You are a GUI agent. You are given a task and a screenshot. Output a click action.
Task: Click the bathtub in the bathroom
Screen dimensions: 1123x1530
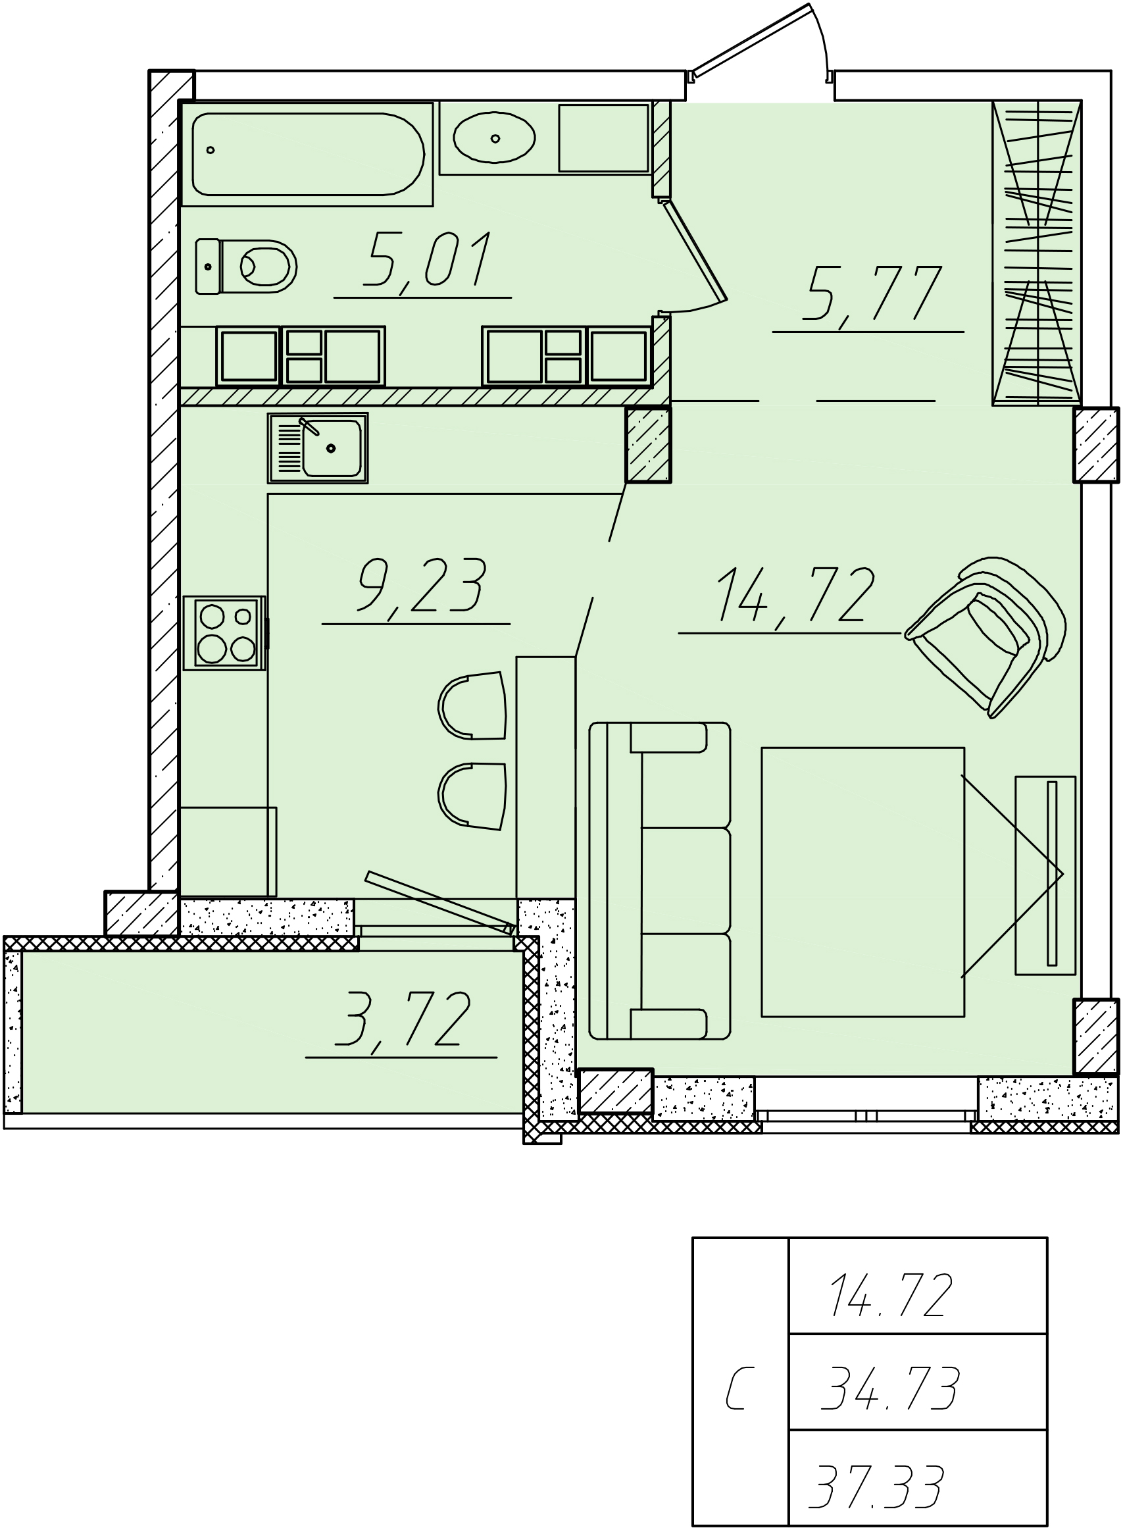pyautogui.click(x=307, y=154)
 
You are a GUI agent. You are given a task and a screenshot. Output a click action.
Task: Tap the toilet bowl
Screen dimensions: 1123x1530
pyautogui.click(x=246, y=266)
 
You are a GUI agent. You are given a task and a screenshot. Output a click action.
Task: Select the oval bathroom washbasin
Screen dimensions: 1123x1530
pyautogui.click(x=494, y=138)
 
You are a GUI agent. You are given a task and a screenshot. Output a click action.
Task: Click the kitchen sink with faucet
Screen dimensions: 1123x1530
pyautogui.click(x=318, y=448)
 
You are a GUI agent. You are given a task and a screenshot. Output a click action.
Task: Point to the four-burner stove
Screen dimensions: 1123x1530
pyautogui.click(x=224, y=633)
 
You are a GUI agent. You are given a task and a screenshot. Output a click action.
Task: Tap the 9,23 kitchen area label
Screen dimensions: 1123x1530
pyautogui.click(x=421, y=586)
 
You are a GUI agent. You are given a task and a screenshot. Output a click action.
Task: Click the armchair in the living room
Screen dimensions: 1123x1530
pyautogui.click(x=986, y=636)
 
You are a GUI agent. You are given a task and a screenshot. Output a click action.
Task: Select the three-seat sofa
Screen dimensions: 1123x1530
pyautogui.click(x=660, y=882)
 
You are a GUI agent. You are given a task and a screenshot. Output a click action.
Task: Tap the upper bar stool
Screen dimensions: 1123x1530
pyautogui.click(x=472, y=705)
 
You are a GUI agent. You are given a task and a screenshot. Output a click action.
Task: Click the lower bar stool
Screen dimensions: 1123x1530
pyautogui.click(x=472, y=796)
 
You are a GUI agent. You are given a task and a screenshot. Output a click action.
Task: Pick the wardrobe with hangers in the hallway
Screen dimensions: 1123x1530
pyautogui.click(x=1037, y=253)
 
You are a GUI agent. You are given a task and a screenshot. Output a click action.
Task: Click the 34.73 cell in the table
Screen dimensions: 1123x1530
pyautogui.click(x=890, y=1388)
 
